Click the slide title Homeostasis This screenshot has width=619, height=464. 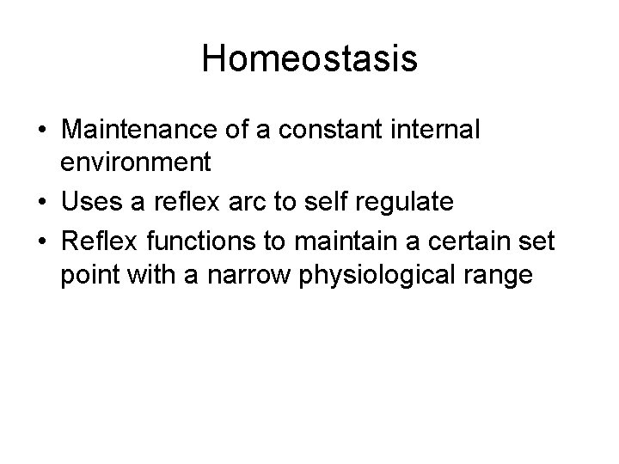(x=309, y=59)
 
